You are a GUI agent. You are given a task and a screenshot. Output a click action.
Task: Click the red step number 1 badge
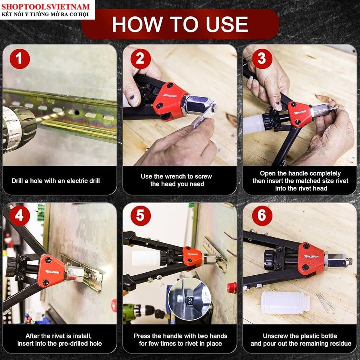[20, 59]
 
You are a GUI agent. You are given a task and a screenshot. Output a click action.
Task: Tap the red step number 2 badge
[140, 59]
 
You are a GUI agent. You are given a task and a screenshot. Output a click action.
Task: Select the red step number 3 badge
[262, 59]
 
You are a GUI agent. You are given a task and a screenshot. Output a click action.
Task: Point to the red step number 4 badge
[20, 216]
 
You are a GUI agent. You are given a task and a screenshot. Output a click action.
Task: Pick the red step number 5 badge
[140, 216]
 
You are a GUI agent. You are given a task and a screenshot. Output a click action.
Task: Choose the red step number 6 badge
[262, 216]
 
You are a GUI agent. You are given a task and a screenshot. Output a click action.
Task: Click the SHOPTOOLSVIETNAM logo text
[45, 6]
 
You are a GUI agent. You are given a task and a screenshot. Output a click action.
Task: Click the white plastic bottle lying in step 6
[285, 303]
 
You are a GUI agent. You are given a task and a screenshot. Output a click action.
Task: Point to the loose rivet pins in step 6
[325, 302]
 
